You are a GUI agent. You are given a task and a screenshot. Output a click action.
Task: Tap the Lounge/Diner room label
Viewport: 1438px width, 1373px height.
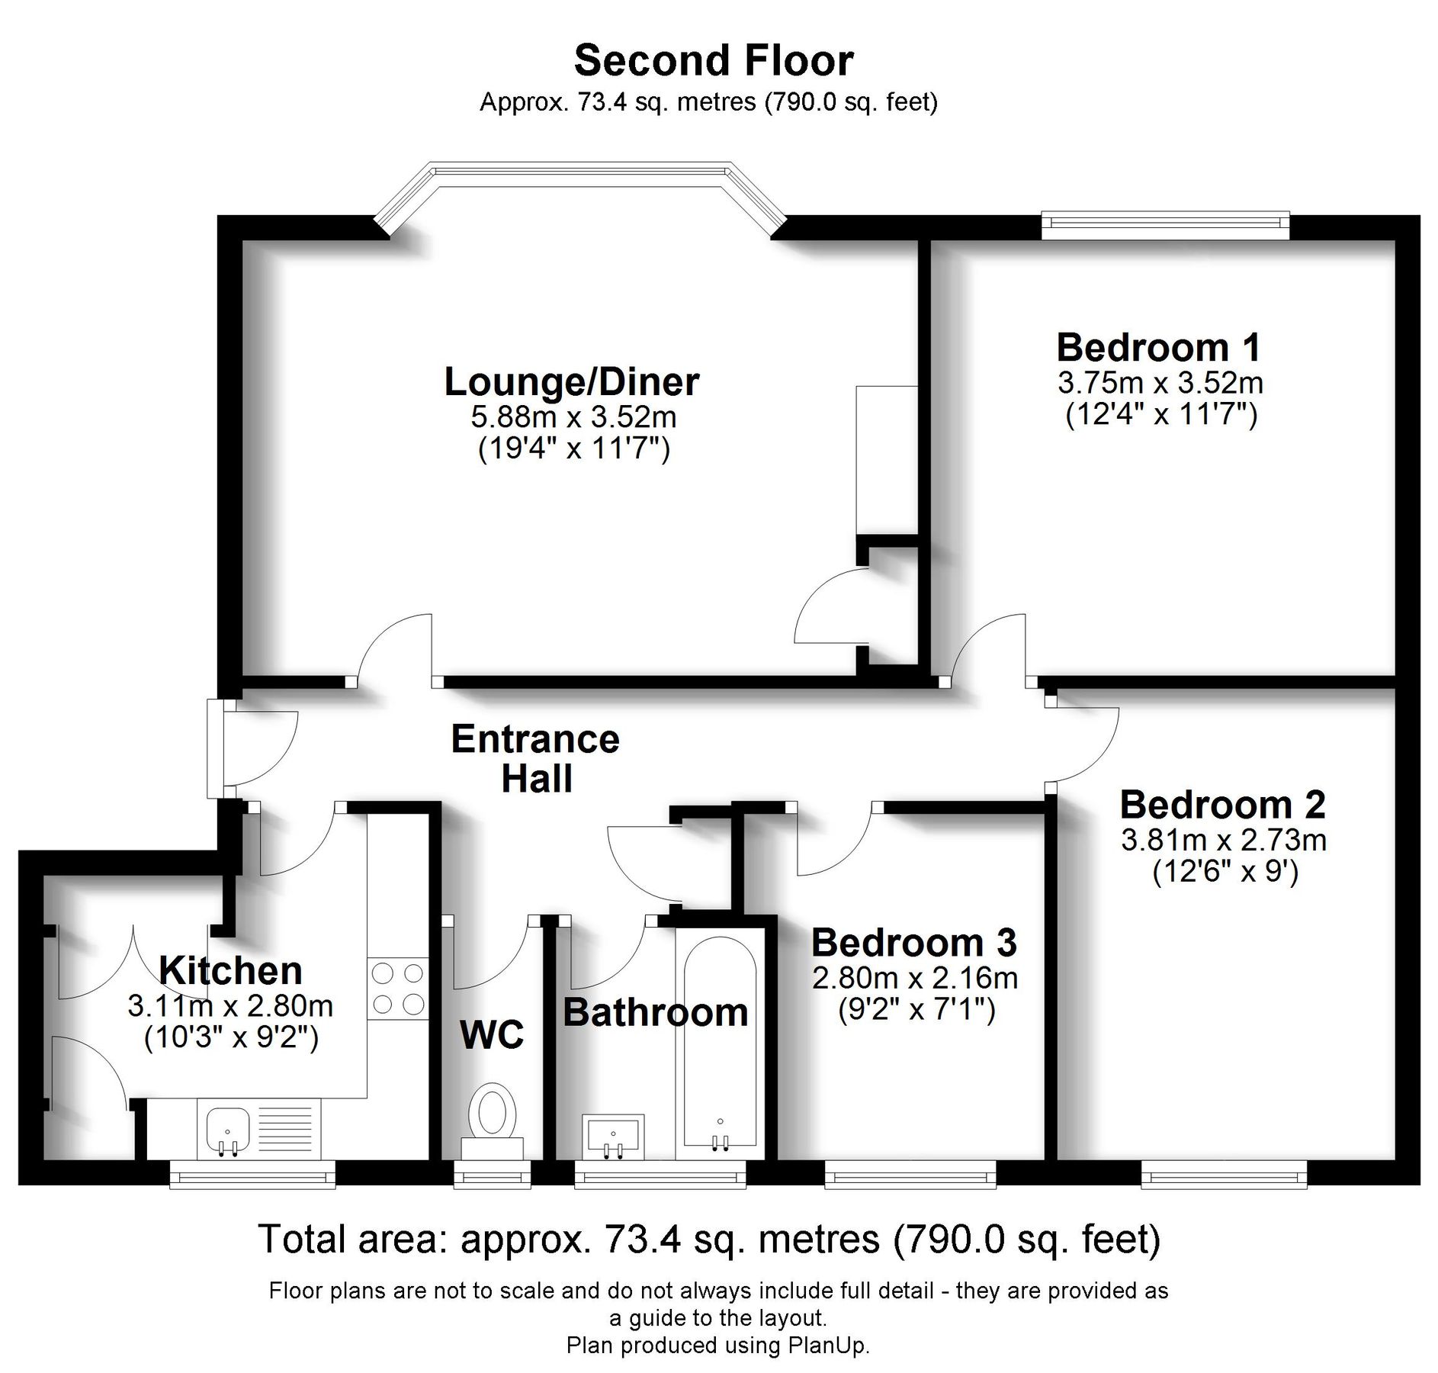click(x=571, y=382)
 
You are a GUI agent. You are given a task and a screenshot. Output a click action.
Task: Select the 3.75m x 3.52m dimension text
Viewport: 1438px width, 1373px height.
click(x=1160, y=382)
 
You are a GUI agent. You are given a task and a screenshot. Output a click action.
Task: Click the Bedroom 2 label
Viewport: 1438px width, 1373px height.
click(x=1222, y=805)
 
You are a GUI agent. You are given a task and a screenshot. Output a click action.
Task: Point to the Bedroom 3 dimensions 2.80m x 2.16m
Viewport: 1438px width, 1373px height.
click(x=914, y=978)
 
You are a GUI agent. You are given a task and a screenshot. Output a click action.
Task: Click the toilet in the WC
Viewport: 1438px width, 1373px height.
click(x=492, y=1114)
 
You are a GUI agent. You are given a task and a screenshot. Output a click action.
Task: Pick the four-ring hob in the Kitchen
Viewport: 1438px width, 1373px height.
click(x=397, y=989)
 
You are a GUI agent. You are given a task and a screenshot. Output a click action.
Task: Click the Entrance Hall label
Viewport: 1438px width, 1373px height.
click(x=535, y=759)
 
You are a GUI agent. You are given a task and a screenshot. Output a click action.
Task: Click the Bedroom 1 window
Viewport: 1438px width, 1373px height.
click(x=1165, y=223)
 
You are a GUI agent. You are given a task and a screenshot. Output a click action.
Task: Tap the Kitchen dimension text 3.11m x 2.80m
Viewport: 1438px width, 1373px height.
click(x=230, y=1006)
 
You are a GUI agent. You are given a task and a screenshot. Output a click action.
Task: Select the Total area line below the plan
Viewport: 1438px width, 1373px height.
click(x=709, y=1240)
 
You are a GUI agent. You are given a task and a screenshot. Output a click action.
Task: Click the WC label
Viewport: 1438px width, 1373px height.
click(x=492, y=1035)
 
